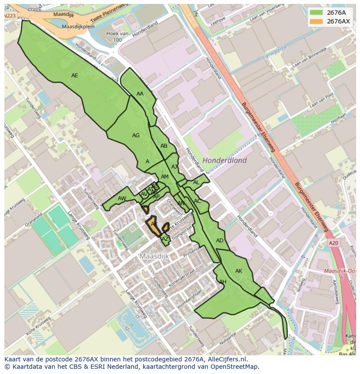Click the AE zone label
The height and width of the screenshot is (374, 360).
(x=75, y=76)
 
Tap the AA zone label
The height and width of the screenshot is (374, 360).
(x=140, y=94)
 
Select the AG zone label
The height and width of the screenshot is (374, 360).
(x=136, y=136)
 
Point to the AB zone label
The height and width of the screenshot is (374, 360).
(x=164, y=146)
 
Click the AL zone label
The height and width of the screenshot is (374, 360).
(x=196, y=182)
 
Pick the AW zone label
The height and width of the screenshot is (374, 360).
(x=122, y=199)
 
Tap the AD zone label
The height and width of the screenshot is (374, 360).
(x=220, y=241)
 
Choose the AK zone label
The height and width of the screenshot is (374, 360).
(x=239, y=271)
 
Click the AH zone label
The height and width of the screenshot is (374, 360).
(x=223, y=282)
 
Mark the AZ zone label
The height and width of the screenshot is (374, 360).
(x=165, y=239)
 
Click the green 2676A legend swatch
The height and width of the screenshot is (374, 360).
(x=316, y=13)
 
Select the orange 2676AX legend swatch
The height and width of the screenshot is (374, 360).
(x=316, y=21)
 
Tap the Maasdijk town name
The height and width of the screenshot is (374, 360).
(x=154, y=256)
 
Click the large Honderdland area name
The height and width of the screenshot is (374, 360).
(x=225, y=160)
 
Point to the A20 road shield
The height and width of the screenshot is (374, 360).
(x=333, y=243)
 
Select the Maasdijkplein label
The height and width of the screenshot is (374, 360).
(x=78, y=26)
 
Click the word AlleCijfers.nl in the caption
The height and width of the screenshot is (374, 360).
(x=226, y=359)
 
